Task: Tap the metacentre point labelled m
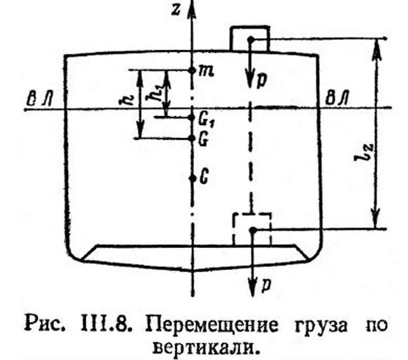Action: [x=192, y=70]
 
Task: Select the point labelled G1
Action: [x=192, y=117]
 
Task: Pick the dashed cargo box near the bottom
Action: [x=252, y=229]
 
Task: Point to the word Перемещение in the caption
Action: [x=212, y=325]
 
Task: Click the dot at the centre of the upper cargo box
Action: [x=251, y=39]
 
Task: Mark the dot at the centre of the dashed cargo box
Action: [x=252, y=230]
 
